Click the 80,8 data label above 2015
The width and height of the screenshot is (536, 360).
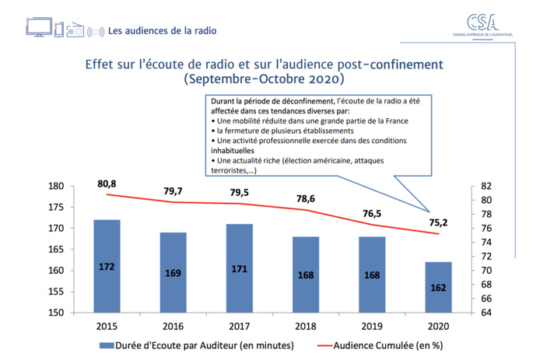click(107, 183)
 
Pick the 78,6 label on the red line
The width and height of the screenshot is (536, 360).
click(305, 199)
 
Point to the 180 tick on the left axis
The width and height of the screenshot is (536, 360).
click(76, 187)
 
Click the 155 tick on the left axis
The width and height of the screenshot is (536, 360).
click(76, 292)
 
